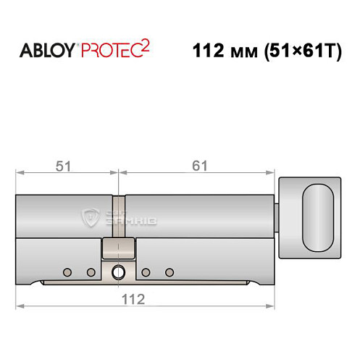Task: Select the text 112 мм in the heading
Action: click(226, 53)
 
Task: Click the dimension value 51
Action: click(65, 166)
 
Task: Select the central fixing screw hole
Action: click(118, 272)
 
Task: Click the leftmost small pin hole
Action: click(67, 272)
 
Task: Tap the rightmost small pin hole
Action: click(169, 272)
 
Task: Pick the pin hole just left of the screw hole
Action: click(91, 272)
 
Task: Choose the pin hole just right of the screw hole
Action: click(146, 272)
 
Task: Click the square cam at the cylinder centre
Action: click(118, 250)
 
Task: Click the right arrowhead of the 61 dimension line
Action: click(275, 174)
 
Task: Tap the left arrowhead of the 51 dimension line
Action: click(20, 174)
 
